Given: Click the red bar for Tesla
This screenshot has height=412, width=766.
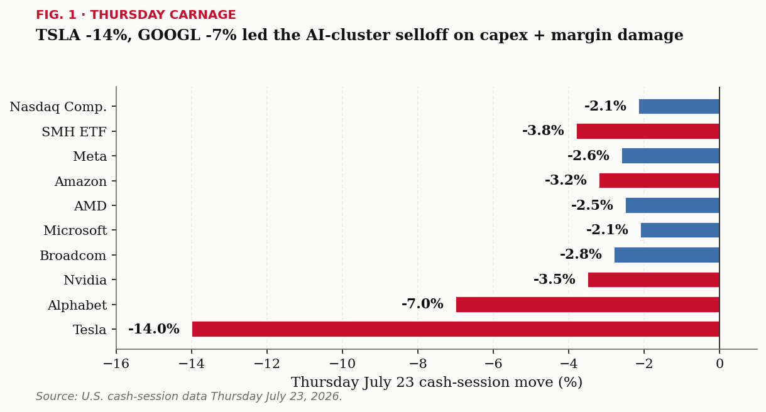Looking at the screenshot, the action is (456, 329).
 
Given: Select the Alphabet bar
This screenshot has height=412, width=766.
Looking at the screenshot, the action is (588, 305).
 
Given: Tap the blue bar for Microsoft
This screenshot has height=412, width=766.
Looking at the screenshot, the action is (680, 230).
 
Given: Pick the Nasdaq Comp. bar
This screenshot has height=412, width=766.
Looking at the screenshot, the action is (679, 106).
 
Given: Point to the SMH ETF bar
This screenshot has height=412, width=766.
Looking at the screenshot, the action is (648, 131).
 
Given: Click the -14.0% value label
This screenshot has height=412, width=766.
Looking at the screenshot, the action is (154, 329).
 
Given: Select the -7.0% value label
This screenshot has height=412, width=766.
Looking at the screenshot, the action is (422, 303).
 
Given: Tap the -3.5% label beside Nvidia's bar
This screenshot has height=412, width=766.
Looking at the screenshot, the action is (554, 279).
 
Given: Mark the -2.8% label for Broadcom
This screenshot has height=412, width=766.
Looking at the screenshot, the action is (581, 254).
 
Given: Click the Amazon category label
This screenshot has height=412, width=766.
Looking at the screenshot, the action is (80, 182).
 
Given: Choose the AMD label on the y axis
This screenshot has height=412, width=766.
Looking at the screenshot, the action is (90, 206).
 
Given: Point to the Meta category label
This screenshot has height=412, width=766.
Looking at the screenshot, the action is (90, 156).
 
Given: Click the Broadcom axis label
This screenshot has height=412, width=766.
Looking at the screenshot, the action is (73, 256).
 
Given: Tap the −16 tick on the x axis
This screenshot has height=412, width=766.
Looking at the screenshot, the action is (116, 364).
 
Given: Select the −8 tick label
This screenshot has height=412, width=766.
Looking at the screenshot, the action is (418, 364).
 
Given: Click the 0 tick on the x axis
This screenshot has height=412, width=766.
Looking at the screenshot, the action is (719, 364).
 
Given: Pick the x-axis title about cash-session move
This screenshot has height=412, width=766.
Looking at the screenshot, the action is (436, 382).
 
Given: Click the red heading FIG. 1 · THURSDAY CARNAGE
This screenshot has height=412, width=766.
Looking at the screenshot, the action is (136, 14).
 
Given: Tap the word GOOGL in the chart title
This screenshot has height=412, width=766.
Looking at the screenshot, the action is (169, 35).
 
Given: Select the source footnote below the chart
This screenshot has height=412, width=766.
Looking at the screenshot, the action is (189, 396).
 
